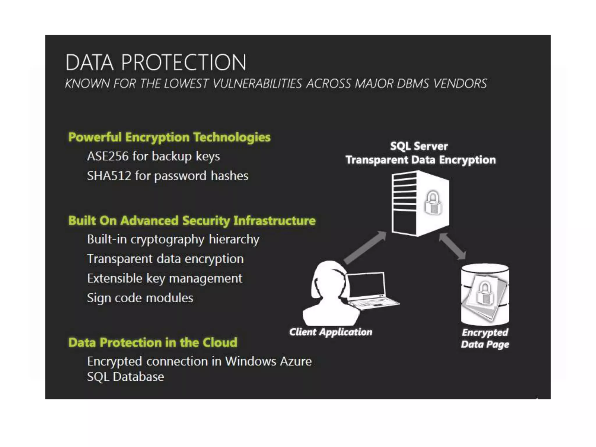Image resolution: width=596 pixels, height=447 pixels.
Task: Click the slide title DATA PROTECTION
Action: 156,62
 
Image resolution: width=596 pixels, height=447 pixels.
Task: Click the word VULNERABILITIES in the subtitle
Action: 257,84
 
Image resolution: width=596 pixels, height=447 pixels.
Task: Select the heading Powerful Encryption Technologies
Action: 169,137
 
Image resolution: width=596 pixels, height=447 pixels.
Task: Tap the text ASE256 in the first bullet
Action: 108,156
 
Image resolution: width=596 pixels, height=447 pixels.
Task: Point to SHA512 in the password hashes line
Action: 109,176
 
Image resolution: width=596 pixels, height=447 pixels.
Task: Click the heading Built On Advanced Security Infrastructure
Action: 192,221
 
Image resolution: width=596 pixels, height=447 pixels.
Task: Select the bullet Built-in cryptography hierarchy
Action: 173,240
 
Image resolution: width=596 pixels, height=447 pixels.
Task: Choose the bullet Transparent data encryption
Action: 165,259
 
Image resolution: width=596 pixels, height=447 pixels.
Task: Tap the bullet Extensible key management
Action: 164,279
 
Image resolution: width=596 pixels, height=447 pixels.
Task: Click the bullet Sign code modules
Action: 140,298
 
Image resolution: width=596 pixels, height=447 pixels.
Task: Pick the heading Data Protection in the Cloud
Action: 152,343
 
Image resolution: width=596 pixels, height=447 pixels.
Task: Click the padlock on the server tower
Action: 433,203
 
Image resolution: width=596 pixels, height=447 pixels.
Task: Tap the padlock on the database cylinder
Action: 485,293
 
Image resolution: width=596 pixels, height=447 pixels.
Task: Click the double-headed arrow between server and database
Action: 452,246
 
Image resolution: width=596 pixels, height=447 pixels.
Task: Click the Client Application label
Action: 331,332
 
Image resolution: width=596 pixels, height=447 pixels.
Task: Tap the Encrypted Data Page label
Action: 485,338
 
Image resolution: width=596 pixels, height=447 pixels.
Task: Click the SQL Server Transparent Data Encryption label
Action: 420,153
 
